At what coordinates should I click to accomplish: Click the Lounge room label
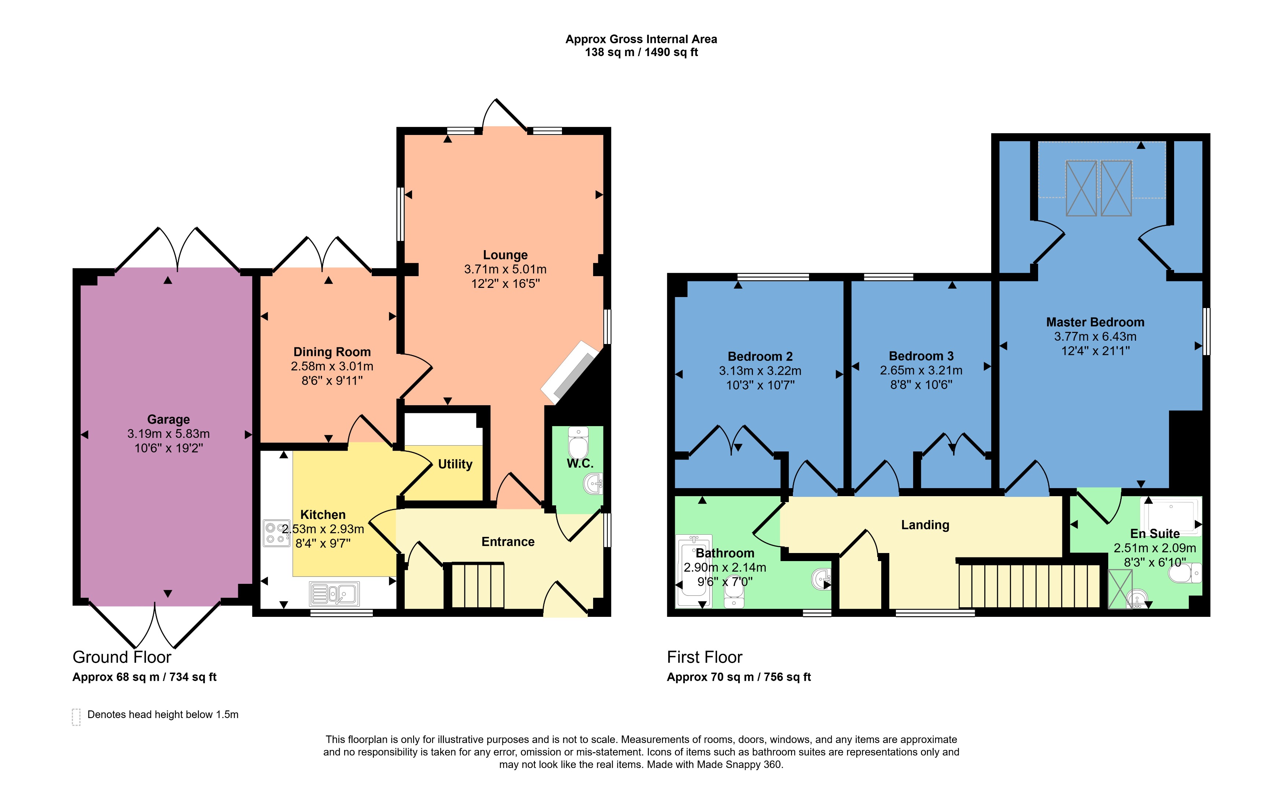tap(505, 255)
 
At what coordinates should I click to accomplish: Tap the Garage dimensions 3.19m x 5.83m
tap(168, 434)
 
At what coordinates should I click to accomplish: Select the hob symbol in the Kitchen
tap(276, 533)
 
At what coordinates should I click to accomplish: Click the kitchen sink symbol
tap(334, 594)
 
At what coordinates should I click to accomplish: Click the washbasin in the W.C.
tap(593, 483)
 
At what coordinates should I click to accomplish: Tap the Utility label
tap(455, 464)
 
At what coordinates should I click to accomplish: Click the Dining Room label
tap(332, 352)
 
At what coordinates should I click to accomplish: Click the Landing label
tap(925, 525)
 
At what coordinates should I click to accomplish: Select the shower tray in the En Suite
tap(1170, 516)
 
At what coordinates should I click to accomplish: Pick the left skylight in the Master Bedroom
tap(1081, 188)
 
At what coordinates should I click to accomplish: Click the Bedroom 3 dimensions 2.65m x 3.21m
tap(920, 371)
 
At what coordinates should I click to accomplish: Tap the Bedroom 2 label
tap(760, 357)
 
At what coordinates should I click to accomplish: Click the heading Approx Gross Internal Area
tap(641, 39)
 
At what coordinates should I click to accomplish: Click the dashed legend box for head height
tap(76, 717)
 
